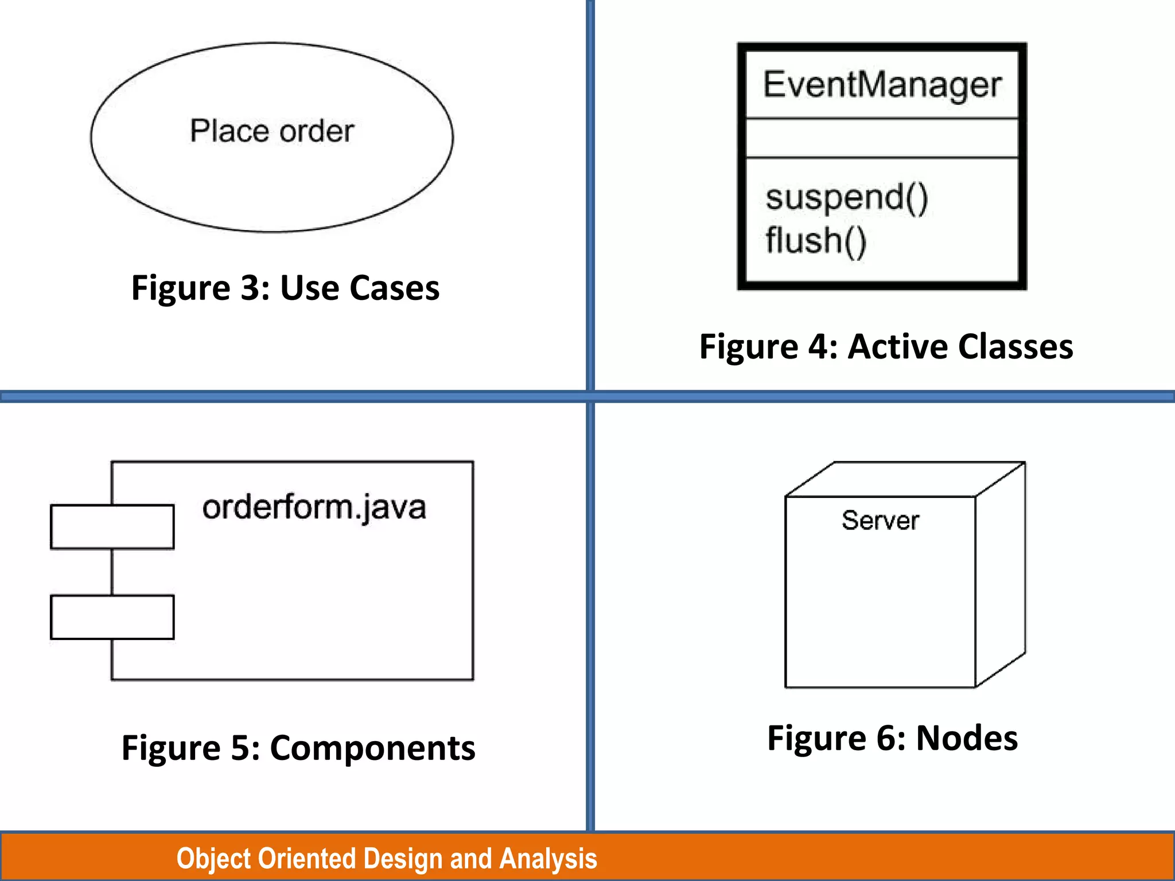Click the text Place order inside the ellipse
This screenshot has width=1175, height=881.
[272, 131]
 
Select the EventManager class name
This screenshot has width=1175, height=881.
[882, 85]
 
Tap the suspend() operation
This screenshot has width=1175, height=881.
[846, 197]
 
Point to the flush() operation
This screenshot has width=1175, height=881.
[815, 240]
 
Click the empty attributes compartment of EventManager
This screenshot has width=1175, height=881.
[882, 138]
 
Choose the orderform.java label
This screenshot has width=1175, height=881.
[314, 508]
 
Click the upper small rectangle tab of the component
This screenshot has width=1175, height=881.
[112, 527]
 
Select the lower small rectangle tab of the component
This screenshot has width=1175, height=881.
[112, 617]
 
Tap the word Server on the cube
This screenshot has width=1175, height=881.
[880, 521]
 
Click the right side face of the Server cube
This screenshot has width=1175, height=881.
[1001, 574]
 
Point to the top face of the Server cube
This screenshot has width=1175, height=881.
[905, 479]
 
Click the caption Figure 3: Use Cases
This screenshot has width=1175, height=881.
[285, 287]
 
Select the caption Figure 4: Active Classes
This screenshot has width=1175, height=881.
[886, 346]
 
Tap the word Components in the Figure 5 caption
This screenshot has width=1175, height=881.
[372, 748]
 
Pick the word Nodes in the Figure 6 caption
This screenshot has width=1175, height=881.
[967, 738]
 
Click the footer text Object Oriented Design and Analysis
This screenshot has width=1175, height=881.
[387, 859]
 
